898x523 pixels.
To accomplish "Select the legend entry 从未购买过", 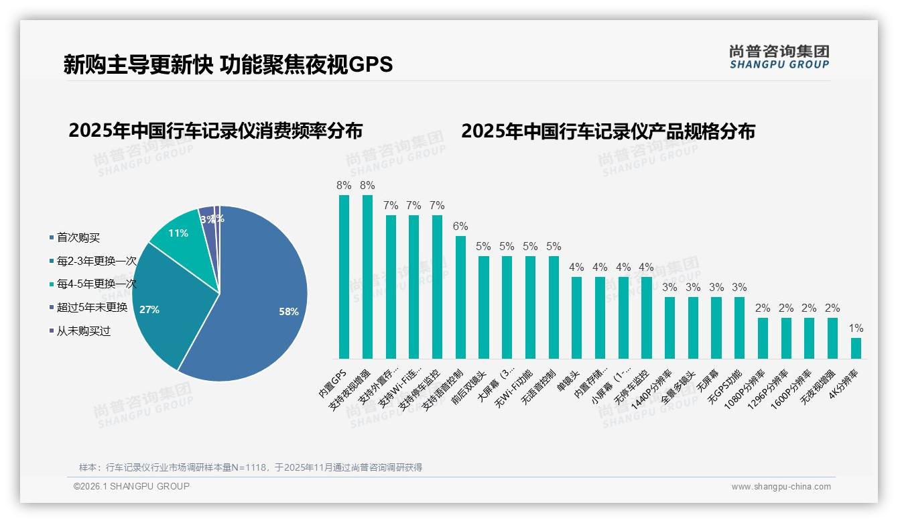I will pos(83,331).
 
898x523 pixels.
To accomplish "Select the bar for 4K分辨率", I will pos(856,348).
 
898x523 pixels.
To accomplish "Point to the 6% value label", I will pos(460,227).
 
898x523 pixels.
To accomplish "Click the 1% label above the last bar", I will pos(856,329).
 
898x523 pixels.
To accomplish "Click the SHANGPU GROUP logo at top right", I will pos(779,56).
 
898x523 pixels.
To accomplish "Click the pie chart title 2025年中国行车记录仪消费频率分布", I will pos(215,131).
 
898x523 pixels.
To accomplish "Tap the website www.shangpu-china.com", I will pos(781,487).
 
